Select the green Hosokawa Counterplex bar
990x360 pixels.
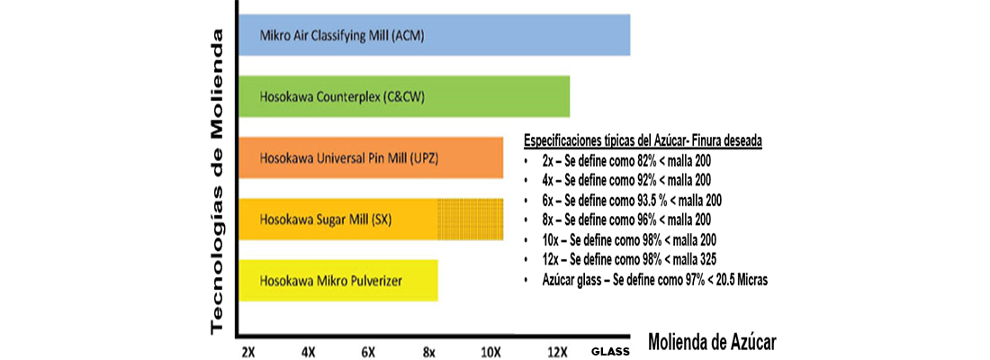(x=404, y=96)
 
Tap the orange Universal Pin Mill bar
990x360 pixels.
(x=371, y=157)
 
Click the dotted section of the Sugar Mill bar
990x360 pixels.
(x=471, y=219)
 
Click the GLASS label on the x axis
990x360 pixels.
(x=609, y=351)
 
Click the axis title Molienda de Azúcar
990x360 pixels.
(x=712, y=342)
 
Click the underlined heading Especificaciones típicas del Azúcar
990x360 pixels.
(x=643, y=141)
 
